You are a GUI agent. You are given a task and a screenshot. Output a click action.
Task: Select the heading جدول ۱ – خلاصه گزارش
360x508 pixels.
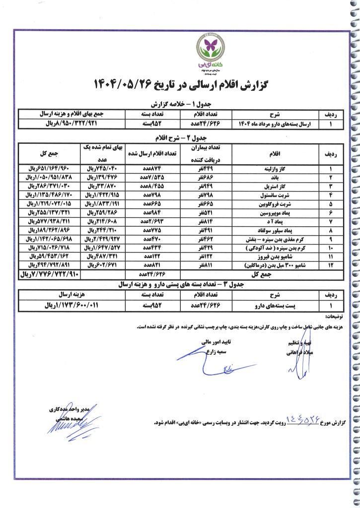coord(179,104)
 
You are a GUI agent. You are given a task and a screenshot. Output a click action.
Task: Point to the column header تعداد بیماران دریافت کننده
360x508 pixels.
coord(206,154)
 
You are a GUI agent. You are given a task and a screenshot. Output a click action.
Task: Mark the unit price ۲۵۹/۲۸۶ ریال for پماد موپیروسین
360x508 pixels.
coord(103,211)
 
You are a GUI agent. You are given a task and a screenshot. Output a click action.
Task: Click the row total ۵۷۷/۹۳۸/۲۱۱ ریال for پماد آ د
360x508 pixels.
coord(50,219)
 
